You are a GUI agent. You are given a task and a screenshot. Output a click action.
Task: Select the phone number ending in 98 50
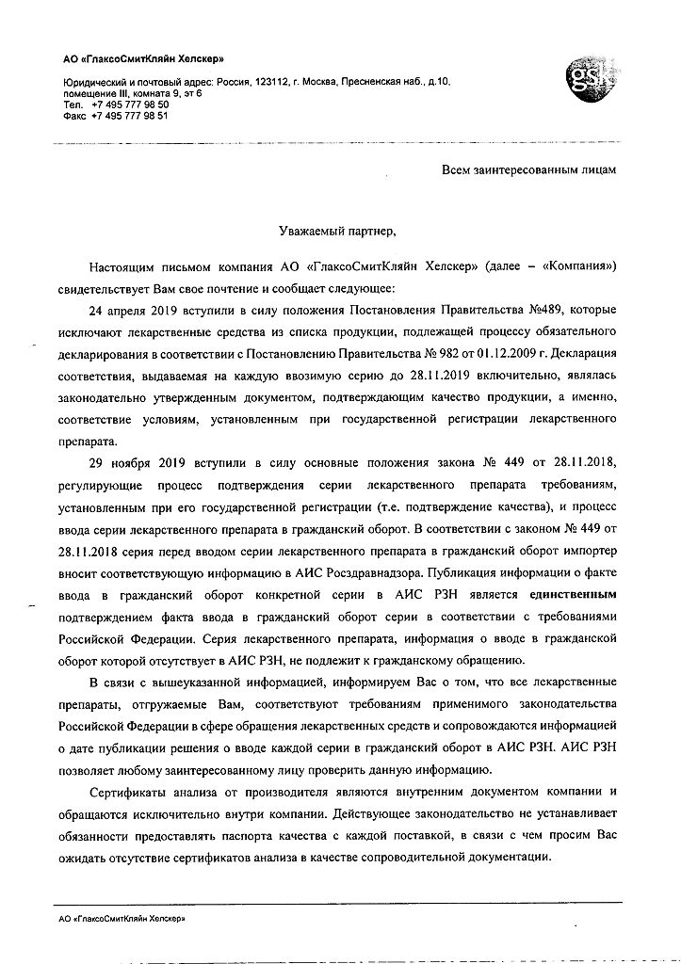(x=130, y=105)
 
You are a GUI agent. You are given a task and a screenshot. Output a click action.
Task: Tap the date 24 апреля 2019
(x=133, y=307)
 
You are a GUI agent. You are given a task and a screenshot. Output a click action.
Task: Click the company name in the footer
(x=122, y=915)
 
